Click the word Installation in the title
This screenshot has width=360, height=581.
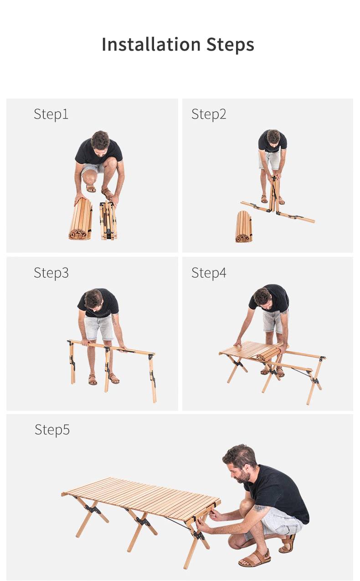151,44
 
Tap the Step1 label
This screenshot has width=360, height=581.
51,114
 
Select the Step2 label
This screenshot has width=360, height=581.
209,114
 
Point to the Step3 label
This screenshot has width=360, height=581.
51,273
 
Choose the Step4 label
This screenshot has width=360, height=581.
209,273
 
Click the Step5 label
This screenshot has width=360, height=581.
52,430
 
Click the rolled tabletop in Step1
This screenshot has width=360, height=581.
81,219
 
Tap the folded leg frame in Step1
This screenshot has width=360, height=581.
108,220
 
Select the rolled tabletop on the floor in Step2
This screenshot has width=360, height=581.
244,227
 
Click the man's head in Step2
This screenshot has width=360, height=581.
273,137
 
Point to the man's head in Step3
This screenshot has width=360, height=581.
93,300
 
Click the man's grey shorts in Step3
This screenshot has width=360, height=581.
99,327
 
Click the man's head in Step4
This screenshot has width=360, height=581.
262,299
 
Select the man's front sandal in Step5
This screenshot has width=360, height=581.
255,559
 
